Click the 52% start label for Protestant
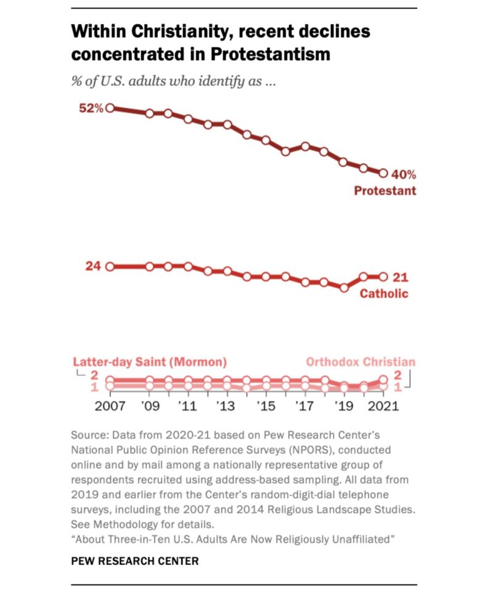[x=91, y=108]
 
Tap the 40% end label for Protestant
[x=404, y=174]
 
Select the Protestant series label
[x=385, y=190]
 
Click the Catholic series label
[x=384, y=293]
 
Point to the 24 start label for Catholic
[x=93, y=267]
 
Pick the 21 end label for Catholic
[x=401, y=277]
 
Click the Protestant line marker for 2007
[x=110, y=108]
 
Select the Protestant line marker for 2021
[x=383, y=174]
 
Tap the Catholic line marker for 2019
[x=344, y=287]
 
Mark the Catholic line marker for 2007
[x=110, y=267]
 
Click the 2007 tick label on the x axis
[x=110, y=407]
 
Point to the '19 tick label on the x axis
[x=344, y=407]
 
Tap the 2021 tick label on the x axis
[x=383, y=407]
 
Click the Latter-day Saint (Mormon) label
[x=150, y=362]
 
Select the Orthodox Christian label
[x=361, y=362]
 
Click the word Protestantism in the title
[x=271, y=54]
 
